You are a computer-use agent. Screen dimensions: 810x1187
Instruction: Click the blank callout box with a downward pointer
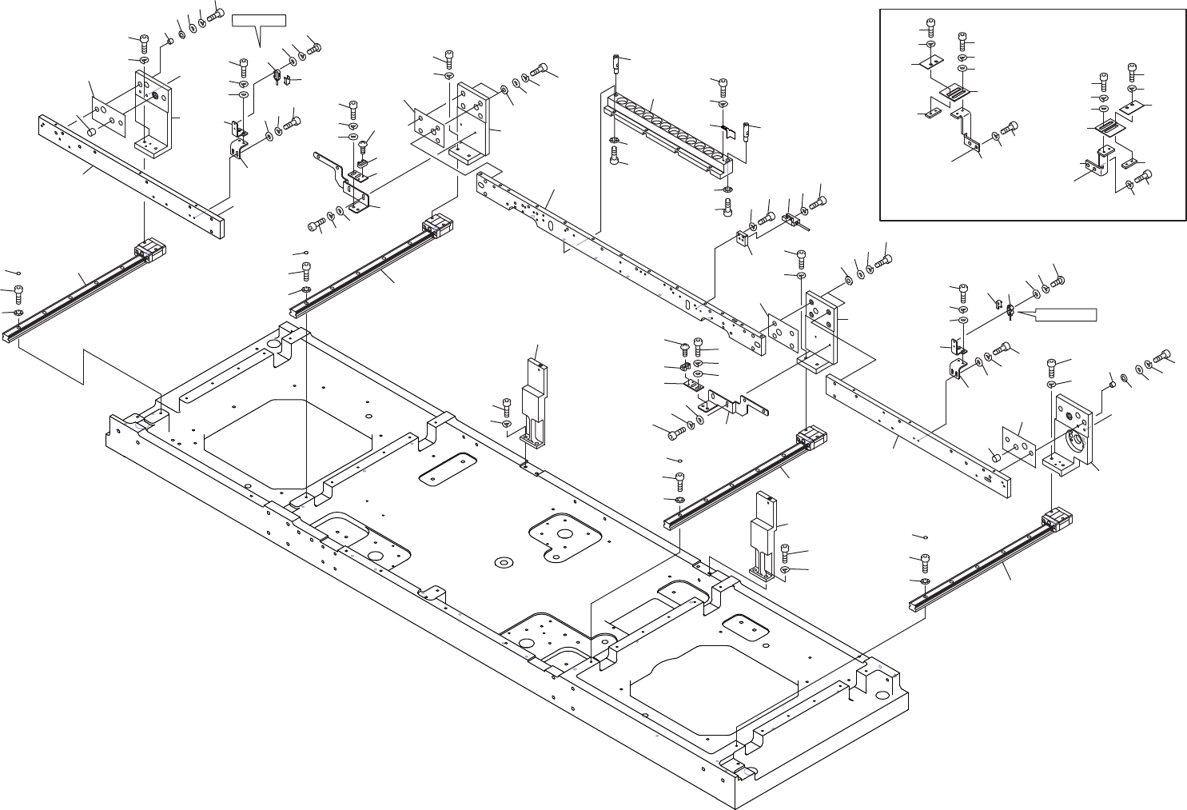[x=258, y=20]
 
